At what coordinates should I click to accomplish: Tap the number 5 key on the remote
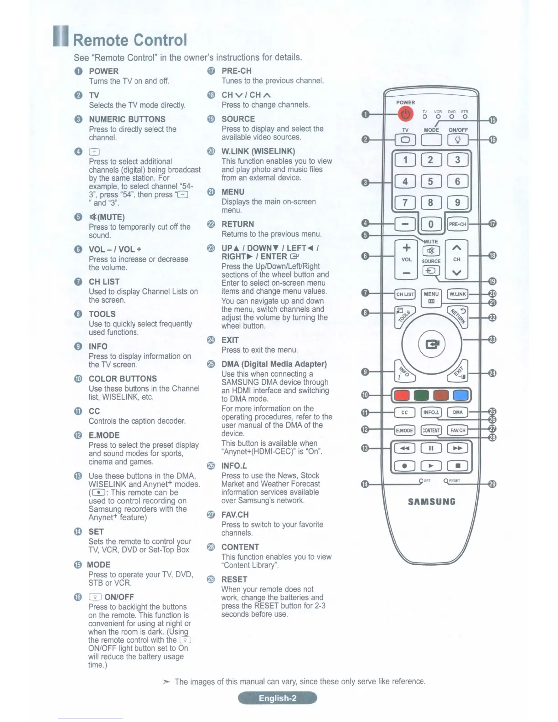click(430, 181)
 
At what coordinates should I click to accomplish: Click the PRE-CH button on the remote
click(457, 224)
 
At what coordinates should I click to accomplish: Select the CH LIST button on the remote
click(405, 294)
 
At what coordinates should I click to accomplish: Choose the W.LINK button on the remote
click(458, 294)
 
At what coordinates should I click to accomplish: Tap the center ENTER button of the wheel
click(431, 344)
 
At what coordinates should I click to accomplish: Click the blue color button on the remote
click(461, 395)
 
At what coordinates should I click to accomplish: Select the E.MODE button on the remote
click(404, 430)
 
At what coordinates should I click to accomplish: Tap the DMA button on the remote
click(458, 413)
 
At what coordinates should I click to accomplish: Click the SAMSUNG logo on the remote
click(431, 502)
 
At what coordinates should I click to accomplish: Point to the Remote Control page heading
click(130, 40)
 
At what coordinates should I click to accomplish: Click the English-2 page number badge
click(277, 698)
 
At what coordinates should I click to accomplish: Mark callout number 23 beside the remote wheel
click(492, 340)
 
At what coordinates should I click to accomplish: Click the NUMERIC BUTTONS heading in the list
click(127, 119)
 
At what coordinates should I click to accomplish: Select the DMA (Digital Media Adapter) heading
click(274, 364)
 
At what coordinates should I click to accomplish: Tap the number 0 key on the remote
click(430, 224)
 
